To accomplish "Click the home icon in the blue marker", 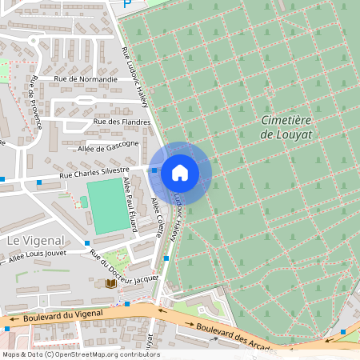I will (x=180, y=172).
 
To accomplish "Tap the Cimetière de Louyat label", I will (x=287, y=127).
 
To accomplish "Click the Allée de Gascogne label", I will (x=109, y=147).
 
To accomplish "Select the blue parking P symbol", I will (x=126, y=4).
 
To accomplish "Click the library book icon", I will (x=110, y=284).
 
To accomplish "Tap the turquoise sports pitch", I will (x=106, y=206).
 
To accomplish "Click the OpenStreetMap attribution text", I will (x=80, y=354).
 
